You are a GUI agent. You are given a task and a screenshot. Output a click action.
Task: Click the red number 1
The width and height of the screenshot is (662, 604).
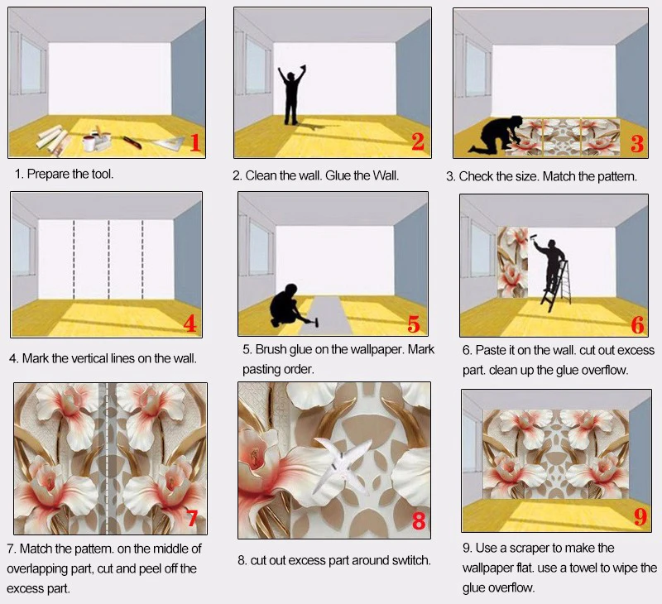195,142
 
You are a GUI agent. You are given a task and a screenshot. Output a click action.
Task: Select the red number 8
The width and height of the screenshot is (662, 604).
418,520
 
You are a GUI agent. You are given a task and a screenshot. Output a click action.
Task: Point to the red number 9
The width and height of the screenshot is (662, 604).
640,517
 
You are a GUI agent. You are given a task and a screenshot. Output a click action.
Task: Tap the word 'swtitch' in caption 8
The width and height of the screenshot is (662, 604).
405,560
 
